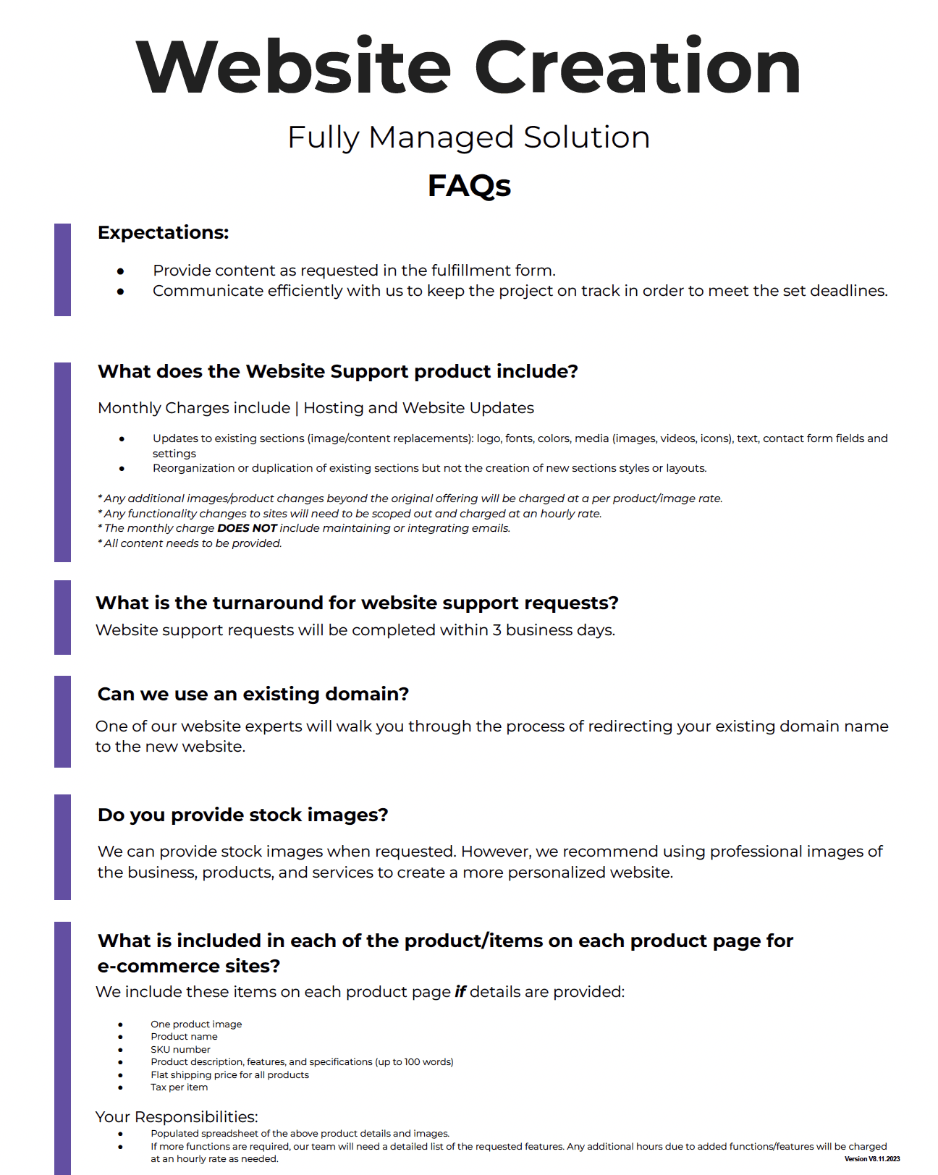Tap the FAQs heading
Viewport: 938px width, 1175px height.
pos(469,186)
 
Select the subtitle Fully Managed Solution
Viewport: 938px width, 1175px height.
pos(469,137)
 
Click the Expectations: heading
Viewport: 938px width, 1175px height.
pos(163,232)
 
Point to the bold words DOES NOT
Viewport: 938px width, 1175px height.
pos(247,528)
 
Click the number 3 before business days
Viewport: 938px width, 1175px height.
pos(497,630)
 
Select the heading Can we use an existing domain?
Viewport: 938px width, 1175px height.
pos(253,694)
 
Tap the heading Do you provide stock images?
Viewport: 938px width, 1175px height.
pos(243,815)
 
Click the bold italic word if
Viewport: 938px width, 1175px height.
pos(460,992)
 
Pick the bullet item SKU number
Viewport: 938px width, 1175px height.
pos(180,1050)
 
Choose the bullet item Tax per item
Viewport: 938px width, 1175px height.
pos(179,1087)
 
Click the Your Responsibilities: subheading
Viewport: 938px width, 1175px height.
pos(177,1117)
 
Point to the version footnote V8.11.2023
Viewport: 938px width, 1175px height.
pos(872,1159)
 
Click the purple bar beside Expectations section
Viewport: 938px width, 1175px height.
pos(62,269)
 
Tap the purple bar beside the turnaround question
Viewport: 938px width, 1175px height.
pos(62,617)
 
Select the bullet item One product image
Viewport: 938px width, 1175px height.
pos(196,1025)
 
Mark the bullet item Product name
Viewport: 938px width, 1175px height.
pos(184,1037)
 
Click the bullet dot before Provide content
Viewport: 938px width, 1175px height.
pos(121,271)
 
